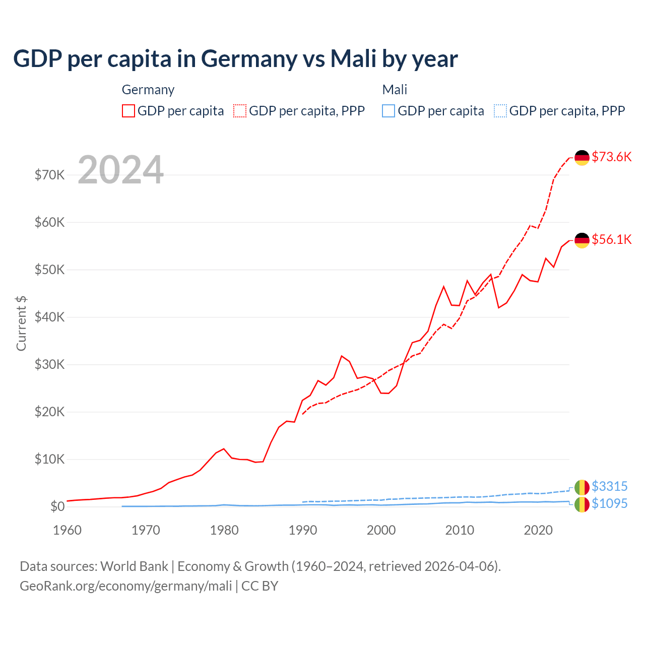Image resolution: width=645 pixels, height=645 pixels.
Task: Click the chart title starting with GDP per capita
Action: click(235, 59)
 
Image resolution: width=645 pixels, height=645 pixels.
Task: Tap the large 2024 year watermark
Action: click(120, 170)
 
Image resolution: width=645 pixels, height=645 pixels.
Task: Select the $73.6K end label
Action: click(611, 157)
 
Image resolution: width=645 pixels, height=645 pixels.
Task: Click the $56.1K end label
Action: click(611, 239)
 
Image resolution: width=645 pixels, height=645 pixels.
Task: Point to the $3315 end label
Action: click(609, 486)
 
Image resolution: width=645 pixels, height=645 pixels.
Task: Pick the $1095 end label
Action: click(609, 503)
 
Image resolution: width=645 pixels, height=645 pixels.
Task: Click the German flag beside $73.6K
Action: click(582, 158)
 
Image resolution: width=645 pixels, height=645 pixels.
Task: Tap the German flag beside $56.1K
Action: click(582, 240)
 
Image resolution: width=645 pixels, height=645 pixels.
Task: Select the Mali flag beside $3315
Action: click(582, 487)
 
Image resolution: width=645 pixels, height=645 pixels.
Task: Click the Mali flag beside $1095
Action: click(582, 504)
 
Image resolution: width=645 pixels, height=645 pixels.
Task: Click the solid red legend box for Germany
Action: click(128, 111)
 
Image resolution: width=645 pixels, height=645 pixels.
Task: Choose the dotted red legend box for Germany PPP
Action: click(240, 111)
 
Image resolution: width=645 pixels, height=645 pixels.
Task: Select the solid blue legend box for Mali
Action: click(389, 111)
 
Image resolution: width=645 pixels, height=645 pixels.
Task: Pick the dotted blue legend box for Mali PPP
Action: click(500, 111)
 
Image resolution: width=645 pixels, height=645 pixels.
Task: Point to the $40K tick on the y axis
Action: click(49, 317)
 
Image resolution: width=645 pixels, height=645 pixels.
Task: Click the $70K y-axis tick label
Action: click(49, 175)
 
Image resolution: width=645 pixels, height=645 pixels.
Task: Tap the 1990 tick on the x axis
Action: click(302, 530)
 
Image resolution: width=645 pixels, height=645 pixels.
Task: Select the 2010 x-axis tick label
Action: click(460, 530)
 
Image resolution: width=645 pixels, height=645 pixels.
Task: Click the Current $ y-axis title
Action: click(21, 324)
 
